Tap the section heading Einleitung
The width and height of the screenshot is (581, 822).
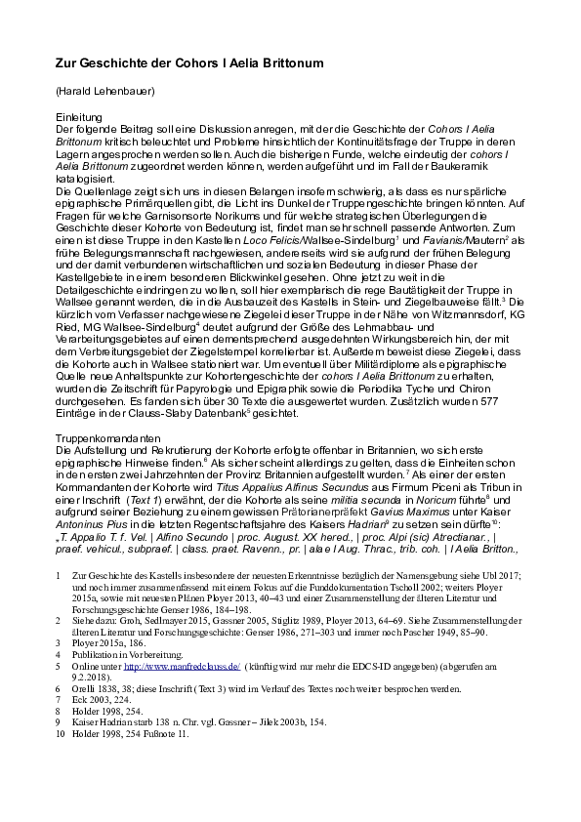tap(79, 116)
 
